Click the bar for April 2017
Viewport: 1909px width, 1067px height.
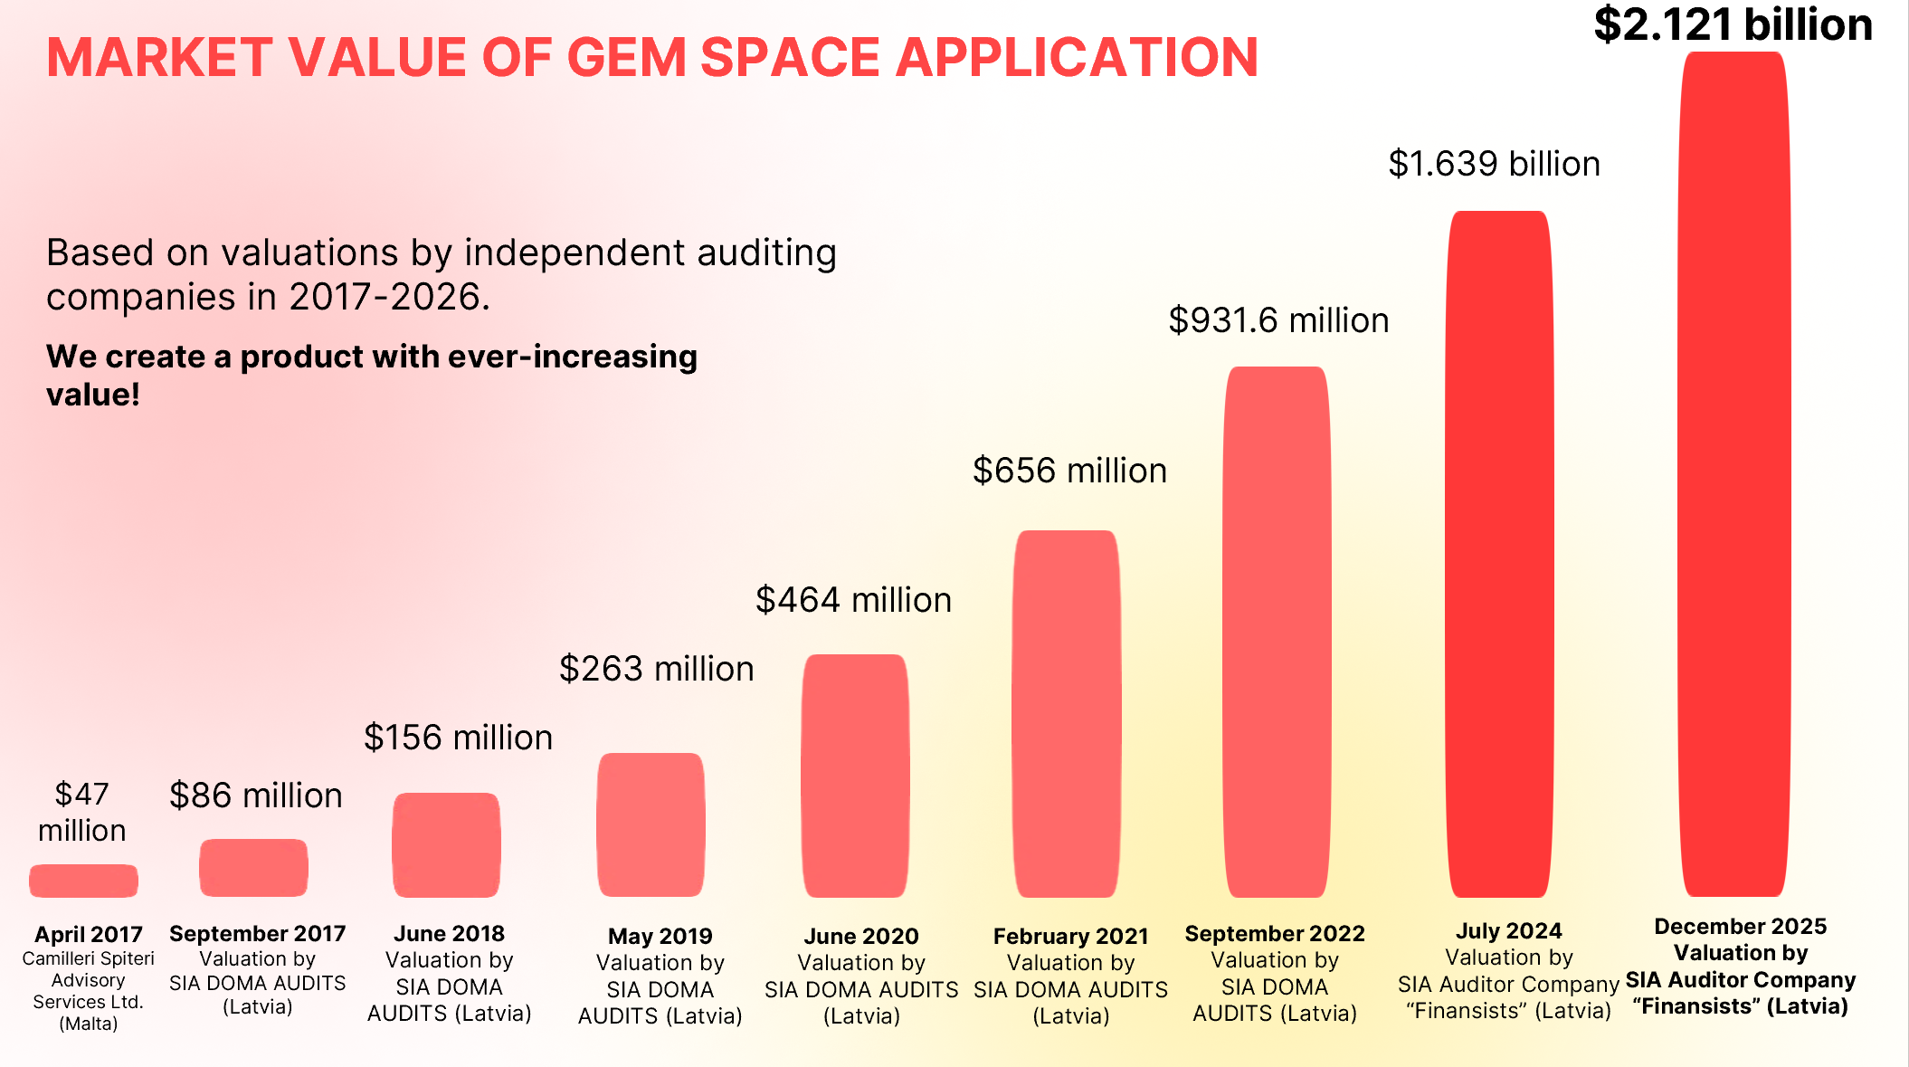coord(83,881)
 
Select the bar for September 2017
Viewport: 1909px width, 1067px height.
coord(253,868)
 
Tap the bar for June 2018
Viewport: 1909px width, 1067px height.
coord(446,845)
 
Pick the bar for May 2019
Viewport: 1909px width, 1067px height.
coord(651,824)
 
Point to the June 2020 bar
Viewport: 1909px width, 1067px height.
coord(855,776)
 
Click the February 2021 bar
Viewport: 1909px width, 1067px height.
coord(1067,714)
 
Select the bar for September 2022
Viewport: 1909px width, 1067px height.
coord(1277,632)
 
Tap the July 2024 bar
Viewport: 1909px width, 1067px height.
coord(1499,554)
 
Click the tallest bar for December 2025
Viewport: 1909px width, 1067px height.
coord(1733,474)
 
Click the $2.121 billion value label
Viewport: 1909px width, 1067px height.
coord(1733,24)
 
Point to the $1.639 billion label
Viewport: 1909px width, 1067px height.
coord(1494,164)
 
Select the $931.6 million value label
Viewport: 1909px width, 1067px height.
coord(1278,320)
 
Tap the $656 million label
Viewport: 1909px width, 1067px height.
coord(1069,471)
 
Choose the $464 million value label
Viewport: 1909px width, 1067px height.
coord(853,600)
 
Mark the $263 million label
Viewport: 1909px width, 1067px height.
coord(656,669)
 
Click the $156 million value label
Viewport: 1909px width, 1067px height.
coord(458,738)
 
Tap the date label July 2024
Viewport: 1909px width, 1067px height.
coord(1508,930)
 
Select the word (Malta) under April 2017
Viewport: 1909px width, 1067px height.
coord(89,1024)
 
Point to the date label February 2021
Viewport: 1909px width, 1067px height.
coord(1070,936)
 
